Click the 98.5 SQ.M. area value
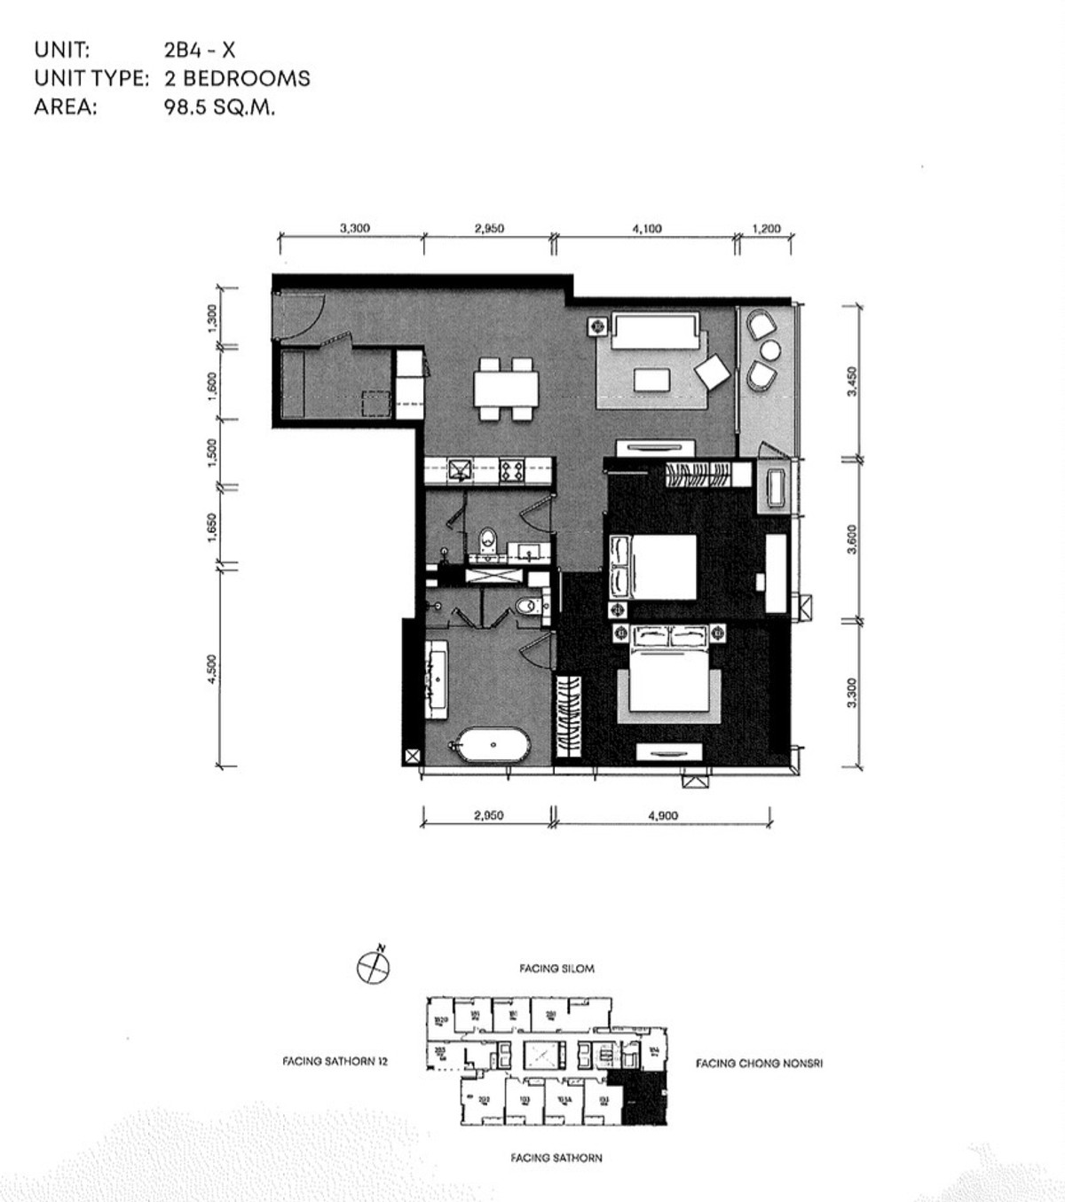point(219,107)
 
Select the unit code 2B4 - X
point(200,50)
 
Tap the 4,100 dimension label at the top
point(646,228)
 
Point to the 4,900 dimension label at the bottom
point(663,816)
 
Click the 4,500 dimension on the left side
point(211,669)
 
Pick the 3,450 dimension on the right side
point(852,381)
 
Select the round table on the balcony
point(769,350)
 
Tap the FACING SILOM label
point(556,969)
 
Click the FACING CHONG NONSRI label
point(759,1063)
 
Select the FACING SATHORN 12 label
point(335,1061)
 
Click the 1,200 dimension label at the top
point(765,228)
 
